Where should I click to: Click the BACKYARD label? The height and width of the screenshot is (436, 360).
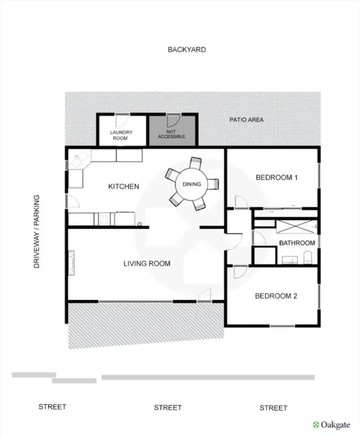click(x=186, y=50)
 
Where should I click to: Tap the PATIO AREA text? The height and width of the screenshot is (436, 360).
click(x=246, y=120)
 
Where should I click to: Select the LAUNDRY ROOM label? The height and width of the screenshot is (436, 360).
click(x=121, y=135)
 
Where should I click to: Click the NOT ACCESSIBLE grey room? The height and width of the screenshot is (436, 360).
click(x=172, y=131)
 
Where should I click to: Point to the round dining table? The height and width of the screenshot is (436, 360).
click(x=192, y=184)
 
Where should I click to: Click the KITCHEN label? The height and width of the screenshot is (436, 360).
click(x=123, y=186)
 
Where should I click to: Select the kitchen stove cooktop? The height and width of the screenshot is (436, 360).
click(x=105, y=219)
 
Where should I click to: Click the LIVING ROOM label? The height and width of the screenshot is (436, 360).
click(x=147, y=263)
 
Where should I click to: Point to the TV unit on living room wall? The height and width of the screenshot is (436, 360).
click(x=72, y=263)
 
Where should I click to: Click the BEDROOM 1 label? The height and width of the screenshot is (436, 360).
click(x=276, y=177)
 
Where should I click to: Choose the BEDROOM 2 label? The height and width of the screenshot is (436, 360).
click(x=276, y=296)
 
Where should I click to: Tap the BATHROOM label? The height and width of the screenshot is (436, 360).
click(x=297, y=243)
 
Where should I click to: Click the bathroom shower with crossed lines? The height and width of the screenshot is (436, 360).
click(x=296, y=227)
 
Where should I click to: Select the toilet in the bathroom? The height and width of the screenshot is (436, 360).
click(x=308, y=258)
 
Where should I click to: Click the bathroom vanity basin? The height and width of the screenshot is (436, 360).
click(x=290, y=260)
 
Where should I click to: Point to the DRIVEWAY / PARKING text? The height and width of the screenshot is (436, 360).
click(x=36, y=231)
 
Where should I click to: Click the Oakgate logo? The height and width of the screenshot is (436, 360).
click(x=331, y=425)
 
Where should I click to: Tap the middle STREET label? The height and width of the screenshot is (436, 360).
click(x=168, y=408)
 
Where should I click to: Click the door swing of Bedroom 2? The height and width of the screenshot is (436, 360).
click(x=240, y=273)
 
